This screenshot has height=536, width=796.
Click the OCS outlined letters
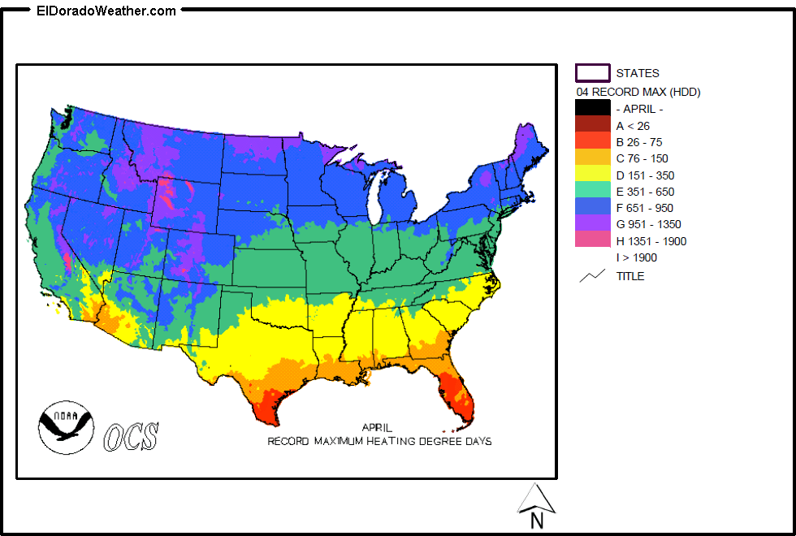tap(131, 436)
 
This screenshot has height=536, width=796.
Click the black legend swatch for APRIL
tap(592, 108)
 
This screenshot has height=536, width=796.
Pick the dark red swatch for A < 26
tap(592, 124)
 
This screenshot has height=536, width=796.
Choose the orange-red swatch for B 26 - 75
tap(592, 141)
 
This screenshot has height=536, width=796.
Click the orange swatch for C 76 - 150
tap(592, 158)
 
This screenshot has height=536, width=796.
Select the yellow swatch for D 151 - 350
tap(592, 174)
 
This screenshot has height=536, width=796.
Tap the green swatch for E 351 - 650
tap(592, 191)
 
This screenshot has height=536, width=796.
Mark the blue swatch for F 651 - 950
tap(592, 207)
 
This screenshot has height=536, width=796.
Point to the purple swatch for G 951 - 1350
tap(592, 223)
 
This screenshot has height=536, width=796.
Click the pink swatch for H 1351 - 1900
tap(592, 240)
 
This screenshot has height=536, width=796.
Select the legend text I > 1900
tap(637, 257)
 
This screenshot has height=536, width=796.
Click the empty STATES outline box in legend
tap(592, 73)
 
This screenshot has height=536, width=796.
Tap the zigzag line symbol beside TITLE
tap(592, 276)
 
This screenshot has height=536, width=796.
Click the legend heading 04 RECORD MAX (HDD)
tap(638, 92)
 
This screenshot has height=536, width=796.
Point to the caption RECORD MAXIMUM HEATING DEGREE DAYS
tap(379, 441)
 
